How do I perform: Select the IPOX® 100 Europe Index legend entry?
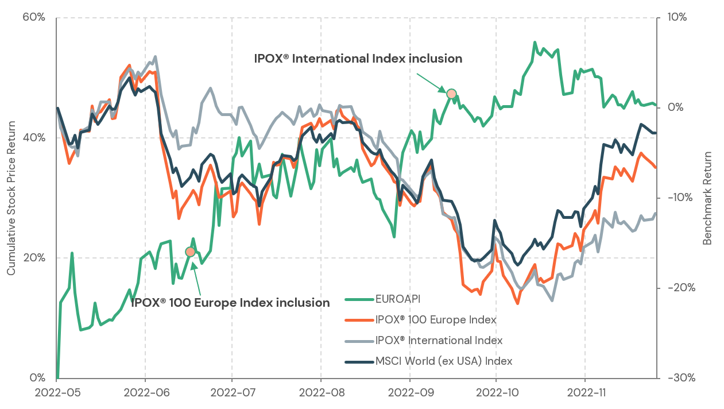(436, 319)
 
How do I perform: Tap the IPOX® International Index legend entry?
(439, 340)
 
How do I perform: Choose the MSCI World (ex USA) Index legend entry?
(443, 361)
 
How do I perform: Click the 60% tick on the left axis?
(34, 17)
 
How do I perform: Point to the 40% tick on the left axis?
(34, 138)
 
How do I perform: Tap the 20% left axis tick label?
(34, 258)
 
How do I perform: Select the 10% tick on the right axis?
(677, 17)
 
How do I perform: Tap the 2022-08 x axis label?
(320, 393)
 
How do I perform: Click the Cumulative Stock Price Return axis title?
(11, 198)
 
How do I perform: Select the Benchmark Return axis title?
(707, 198)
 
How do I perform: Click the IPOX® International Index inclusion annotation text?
(358, 59)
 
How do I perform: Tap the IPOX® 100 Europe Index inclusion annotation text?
(230, 303)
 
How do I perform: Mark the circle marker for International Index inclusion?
(451, 94)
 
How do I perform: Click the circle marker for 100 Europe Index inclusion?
(190, 252)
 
